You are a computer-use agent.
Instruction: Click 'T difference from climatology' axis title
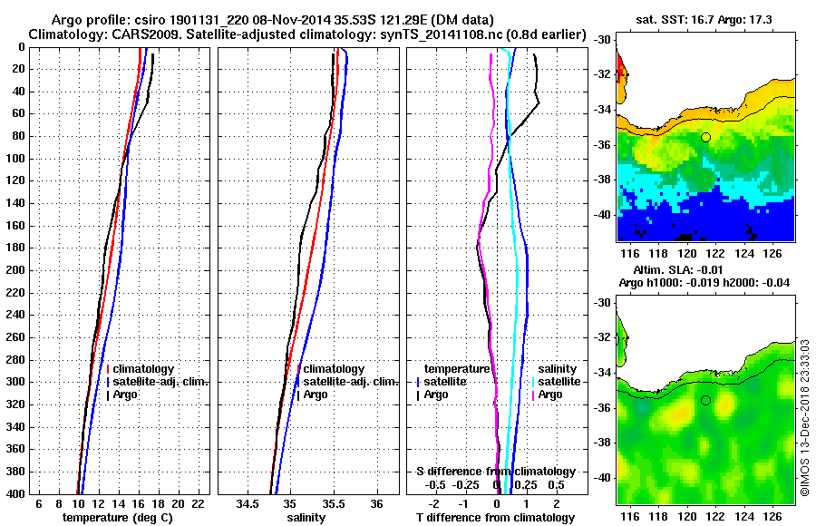[495, 517]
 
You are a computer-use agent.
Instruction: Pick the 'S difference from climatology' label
[495, 472]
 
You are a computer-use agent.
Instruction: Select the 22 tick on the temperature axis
[199, 503]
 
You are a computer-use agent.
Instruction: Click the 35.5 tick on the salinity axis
[334, 503]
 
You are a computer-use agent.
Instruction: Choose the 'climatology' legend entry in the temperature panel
[142, 369]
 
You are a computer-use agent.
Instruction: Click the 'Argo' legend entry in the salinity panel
[316, 394]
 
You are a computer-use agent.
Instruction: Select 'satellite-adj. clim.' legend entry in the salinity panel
[345, 382]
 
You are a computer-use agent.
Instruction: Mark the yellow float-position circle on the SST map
[705, 137]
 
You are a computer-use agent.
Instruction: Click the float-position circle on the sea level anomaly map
[705, 400]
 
